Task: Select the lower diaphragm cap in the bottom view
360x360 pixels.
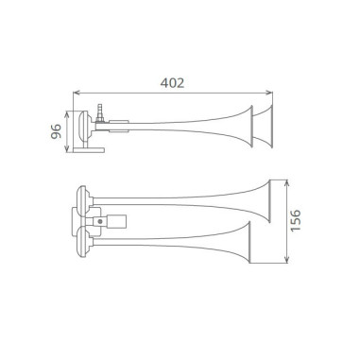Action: [x=83, y=241]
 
